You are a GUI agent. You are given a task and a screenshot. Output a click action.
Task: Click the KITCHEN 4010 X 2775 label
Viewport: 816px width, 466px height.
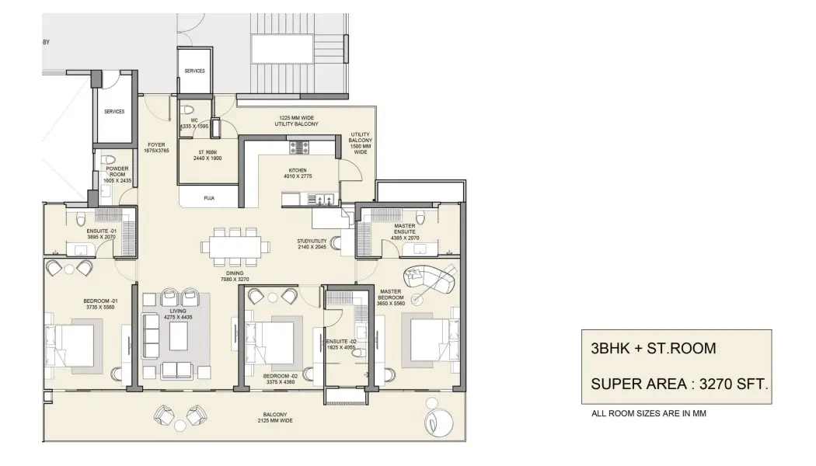297,173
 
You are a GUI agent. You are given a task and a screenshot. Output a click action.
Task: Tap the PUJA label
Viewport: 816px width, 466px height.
208,199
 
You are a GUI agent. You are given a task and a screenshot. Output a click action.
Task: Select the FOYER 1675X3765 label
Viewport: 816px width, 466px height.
156,148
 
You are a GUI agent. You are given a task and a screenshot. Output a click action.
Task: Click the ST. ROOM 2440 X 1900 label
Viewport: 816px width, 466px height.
207,154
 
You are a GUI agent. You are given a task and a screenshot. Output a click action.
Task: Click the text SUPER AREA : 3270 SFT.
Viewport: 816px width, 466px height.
679,383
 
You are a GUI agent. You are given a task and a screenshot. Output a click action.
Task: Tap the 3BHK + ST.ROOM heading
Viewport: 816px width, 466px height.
653,348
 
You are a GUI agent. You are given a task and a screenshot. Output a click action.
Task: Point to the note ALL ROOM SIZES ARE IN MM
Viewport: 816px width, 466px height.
649,414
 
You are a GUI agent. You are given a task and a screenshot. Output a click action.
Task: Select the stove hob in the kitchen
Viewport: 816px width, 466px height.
300,147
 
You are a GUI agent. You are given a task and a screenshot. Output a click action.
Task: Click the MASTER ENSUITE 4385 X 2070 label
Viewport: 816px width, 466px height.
405,232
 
